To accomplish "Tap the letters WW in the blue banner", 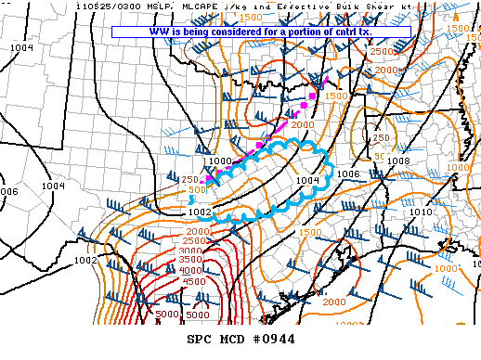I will [x=157, y=32].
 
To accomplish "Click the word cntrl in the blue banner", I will [x=357, y=32].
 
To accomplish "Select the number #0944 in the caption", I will [x=275, y=340].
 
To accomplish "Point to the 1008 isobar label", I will [x=397, y=161].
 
